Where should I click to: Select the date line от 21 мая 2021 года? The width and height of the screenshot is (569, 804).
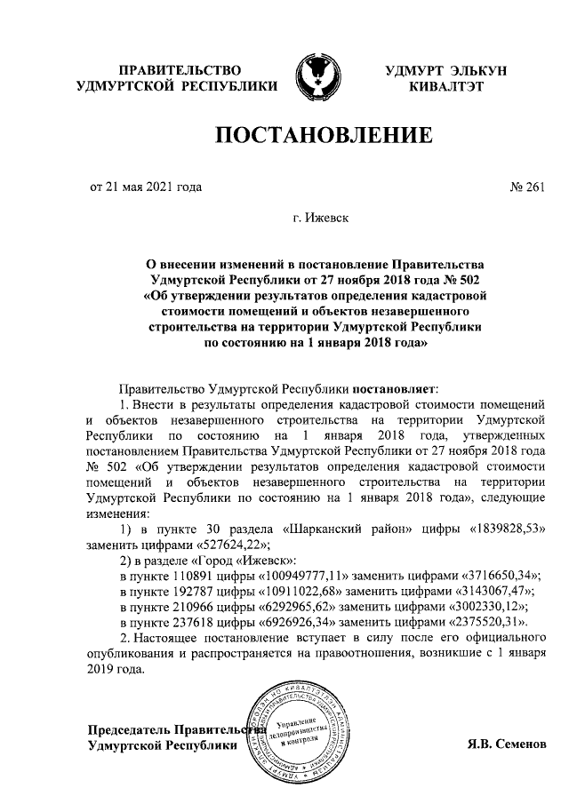click(x=147, y=187)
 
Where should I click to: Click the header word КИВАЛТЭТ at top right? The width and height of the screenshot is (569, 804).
click(x=445, y=85)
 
